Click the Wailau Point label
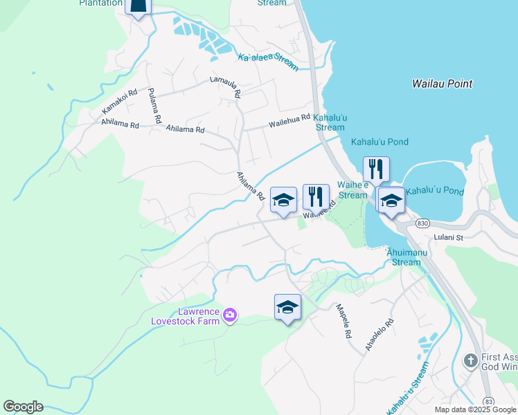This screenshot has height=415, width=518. click(442, 84)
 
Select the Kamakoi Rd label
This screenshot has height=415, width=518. click(120, 102)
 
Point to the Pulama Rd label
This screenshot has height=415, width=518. click(154, 107)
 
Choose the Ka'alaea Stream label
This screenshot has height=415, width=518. click(268, 62)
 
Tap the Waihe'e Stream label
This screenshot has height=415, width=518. click(352, 190)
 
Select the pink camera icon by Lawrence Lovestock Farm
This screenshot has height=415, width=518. click(229, 316)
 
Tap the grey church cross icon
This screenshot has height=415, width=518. click(470, 360)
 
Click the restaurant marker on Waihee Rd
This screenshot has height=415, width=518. click(316, 196)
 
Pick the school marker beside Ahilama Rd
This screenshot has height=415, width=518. click(283, 200)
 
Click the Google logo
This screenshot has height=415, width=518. click(23, 407)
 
